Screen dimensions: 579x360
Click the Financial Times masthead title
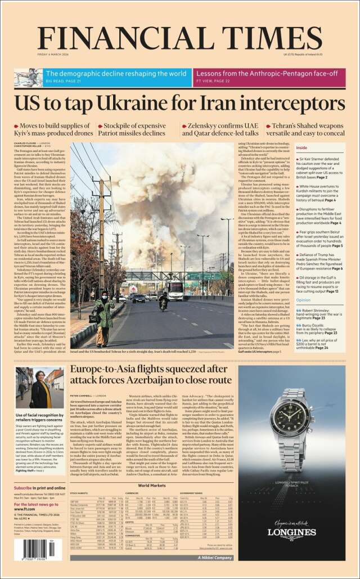(179, 38)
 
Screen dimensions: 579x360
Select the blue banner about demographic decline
(118, 77)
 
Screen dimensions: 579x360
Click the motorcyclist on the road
(164, 302)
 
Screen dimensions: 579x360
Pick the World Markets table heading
(151, 484)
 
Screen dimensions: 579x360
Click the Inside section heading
(302, 147)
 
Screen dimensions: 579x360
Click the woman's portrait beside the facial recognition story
(40, 388)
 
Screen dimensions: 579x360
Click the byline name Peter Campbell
(83, 396)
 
